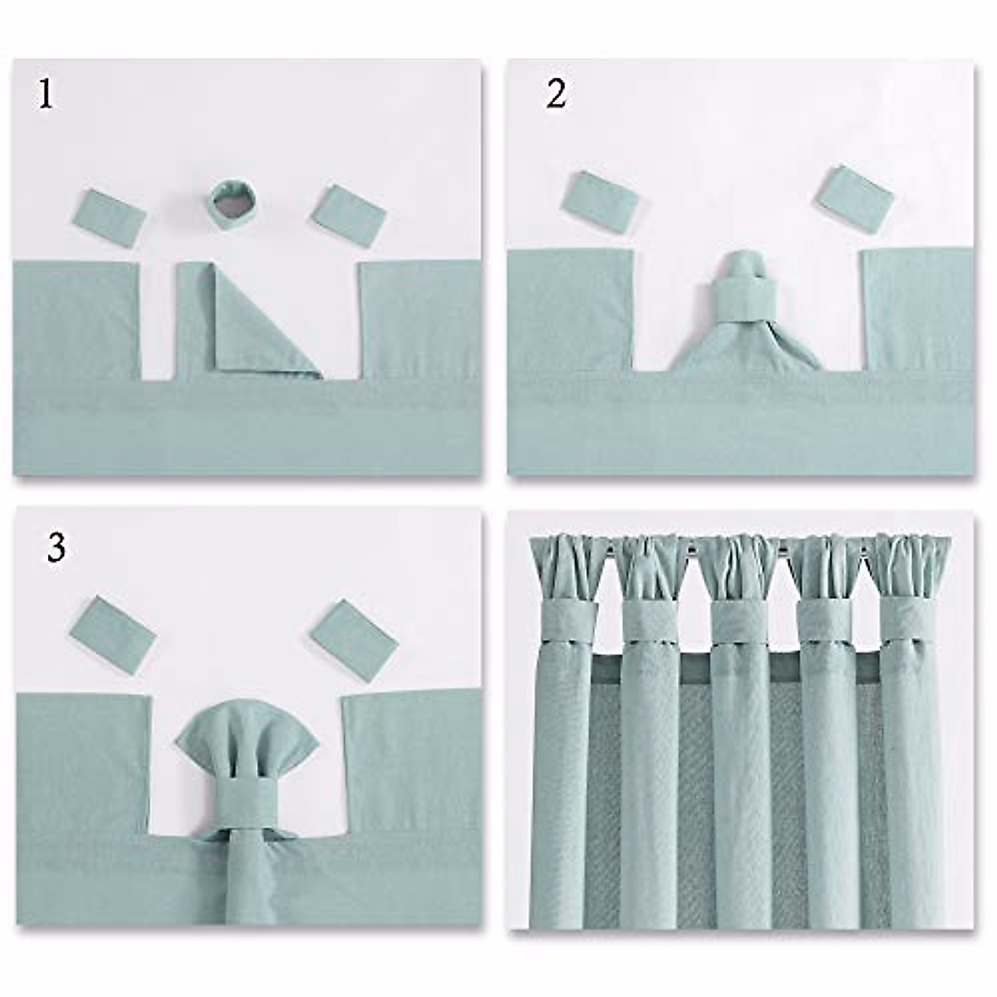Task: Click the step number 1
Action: point(46,96)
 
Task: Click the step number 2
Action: point(556,96)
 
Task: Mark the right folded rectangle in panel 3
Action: point(353,631)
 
